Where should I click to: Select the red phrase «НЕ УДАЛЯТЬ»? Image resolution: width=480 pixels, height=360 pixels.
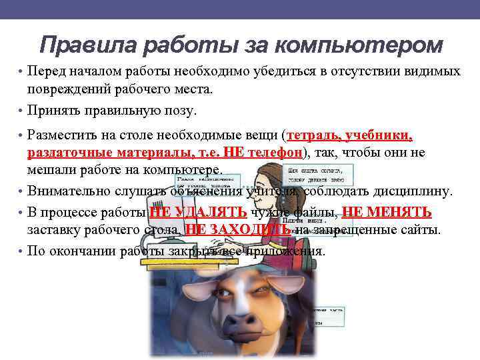point(199,213)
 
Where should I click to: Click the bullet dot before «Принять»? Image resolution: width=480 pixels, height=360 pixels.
point(21,110)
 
